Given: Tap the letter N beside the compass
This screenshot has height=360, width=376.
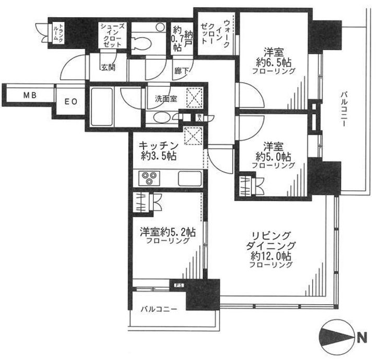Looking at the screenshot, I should click(x=361, y=339).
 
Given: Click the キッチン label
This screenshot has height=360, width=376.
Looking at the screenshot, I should click(x=159, y=146).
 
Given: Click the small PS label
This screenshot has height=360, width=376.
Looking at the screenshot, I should click(x=178, y=285).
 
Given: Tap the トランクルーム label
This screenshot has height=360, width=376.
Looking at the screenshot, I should click(x=61, y=34).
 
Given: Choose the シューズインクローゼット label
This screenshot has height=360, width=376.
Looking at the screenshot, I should click(x=112, y=36).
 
